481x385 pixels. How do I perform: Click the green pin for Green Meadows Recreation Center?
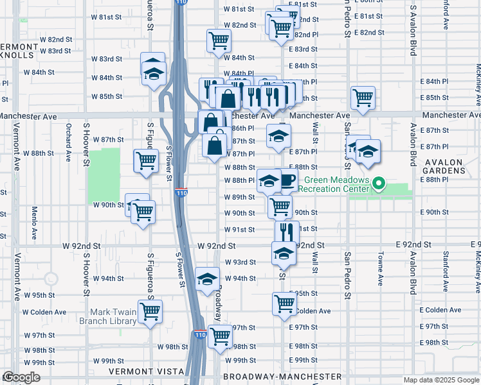(x=379, y=184)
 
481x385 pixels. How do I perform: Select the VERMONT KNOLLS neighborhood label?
(x=19, y=51)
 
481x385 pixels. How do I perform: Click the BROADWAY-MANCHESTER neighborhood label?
(x=282, y=376)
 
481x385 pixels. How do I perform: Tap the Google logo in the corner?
(x=21, y=377)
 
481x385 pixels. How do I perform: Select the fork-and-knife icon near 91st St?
(x=287, y=231)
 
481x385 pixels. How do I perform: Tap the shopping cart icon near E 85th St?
(x=363, y=98)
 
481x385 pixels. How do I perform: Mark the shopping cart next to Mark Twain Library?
(x=150, y=311)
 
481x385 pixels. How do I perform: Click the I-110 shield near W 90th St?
(x=181, y=192)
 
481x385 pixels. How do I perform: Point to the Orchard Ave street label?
(x=68, y=146)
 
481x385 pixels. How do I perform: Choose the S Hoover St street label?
(x=85, y=141)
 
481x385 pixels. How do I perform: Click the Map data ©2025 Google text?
(x=440, y=379)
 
